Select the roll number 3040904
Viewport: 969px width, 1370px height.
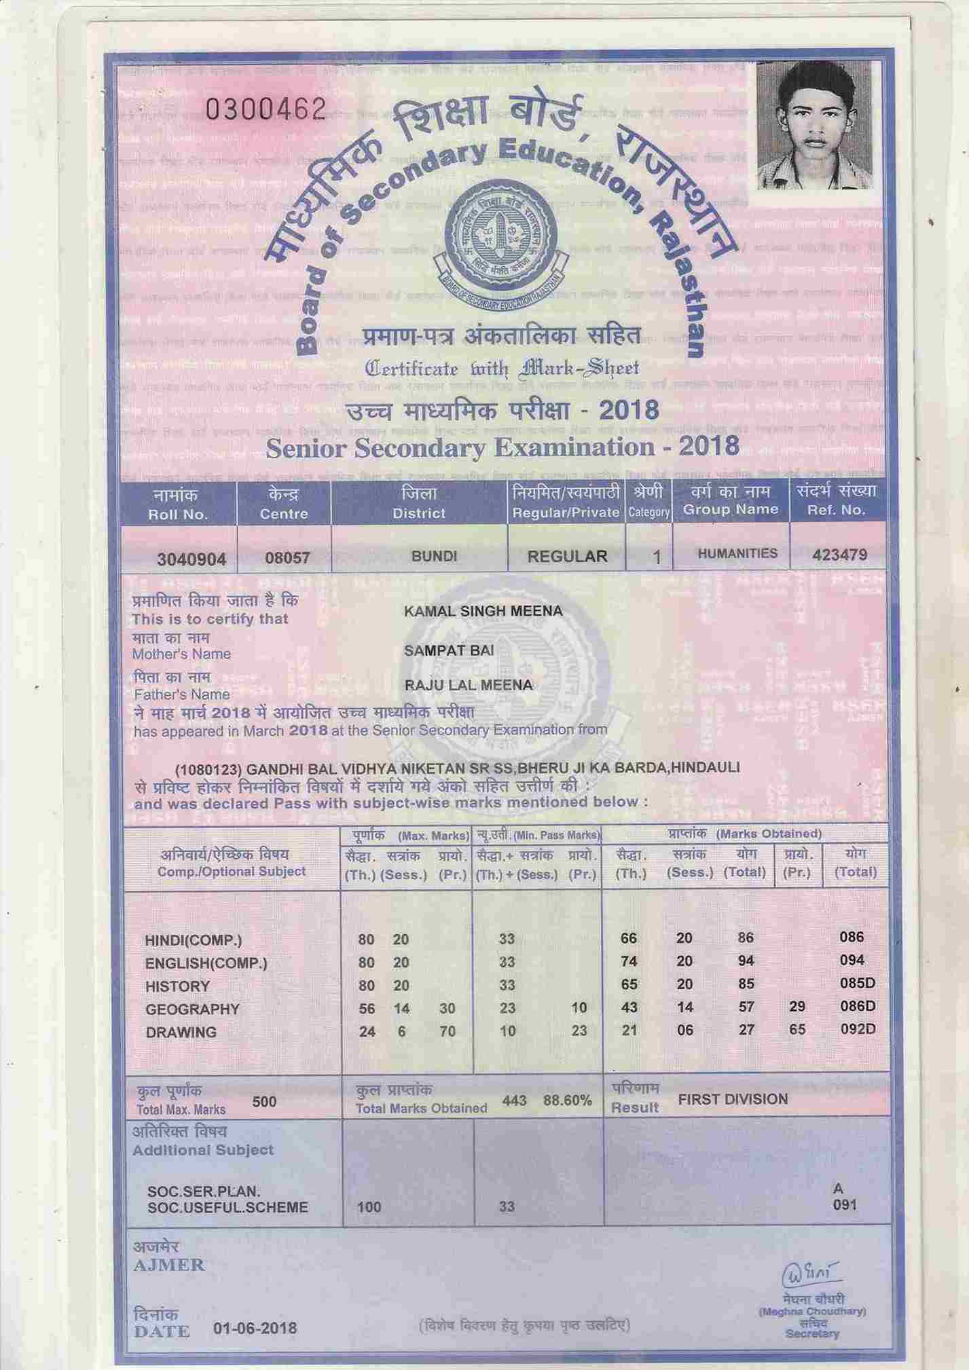tap(191, 559)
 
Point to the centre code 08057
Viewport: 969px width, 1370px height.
tap(287, 558)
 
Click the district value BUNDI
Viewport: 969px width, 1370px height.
tap(434, 556)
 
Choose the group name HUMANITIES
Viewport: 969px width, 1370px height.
tap(737, 553)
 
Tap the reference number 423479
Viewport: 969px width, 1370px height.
tap(840, 555)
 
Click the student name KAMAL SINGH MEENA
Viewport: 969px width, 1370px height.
tap(483, 611)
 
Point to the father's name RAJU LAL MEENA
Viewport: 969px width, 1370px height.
tap(469, 685)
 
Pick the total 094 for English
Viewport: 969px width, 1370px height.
tap(852, 960)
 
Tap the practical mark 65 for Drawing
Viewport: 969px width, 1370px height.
tap(797, 1029)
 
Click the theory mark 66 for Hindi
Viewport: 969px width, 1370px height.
tap(629, 938)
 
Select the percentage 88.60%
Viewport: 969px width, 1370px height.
tap(568, 1100)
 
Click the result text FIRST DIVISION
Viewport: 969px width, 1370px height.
tap(733, 1099)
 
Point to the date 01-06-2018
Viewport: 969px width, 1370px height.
tap(255, 1328)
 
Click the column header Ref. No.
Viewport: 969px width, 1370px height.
tap(837, 509)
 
